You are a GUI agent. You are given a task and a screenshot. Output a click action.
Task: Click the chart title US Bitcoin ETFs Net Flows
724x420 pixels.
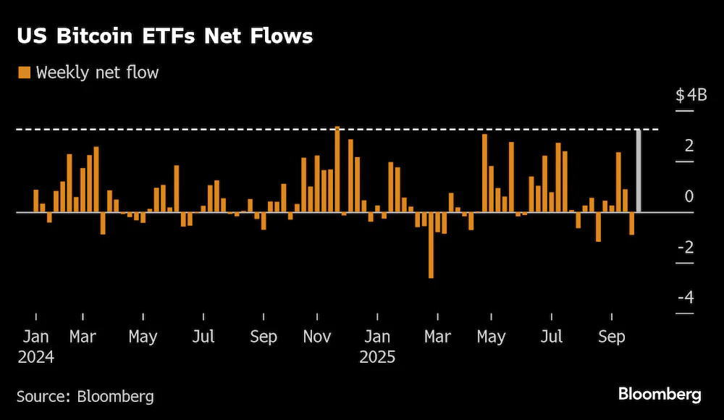[165, 36]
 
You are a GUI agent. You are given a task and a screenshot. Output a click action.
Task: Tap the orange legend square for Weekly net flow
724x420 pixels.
[24, 72]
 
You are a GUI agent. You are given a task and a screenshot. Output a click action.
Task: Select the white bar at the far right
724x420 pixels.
[638, 171]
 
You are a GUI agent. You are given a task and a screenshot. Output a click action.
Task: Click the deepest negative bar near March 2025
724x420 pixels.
[431, 245]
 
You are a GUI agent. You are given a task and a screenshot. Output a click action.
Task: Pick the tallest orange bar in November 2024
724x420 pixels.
[337, 169]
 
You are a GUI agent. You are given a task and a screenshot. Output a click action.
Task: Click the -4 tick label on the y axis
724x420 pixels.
[686, 297]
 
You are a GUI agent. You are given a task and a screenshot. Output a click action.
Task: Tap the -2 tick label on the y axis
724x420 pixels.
[686, 247]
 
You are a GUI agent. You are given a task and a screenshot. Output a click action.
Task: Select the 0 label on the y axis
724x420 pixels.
[689, 196]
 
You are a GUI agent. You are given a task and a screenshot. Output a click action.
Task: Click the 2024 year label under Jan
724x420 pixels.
[36, 357]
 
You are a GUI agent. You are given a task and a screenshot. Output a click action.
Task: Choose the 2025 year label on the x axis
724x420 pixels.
[377, 357]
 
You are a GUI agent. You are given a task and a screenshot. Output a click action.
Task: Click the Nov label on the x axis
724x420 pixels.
[317, 337]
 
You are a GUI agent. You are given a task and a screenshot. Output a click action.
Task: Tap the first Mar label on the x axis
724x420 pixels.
[83, 337]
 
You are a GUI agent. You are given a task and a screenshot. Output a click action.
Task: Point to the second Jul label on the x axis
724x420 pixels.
[551, 337]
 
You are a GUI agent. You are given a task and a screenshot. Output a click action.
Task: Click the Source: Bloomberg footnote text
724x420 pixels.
[85, 396]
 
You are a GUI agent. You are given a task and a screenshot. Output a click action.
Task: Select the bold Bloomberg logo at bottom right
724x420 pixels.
[660, 395]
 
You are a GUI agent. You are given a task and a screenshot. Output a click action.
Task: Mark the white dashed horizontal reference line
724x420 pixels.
[337, 130]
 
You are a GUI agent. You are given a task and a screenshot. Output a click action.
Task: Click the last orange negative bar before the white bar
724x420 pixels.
[631, 224]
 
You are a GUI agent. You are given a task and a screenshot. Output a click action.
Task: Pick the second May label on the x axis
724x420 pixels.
[491, 337]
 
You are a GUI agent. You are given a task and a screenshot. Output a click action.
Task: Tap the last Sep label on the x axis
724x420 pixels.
[611, 337]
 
